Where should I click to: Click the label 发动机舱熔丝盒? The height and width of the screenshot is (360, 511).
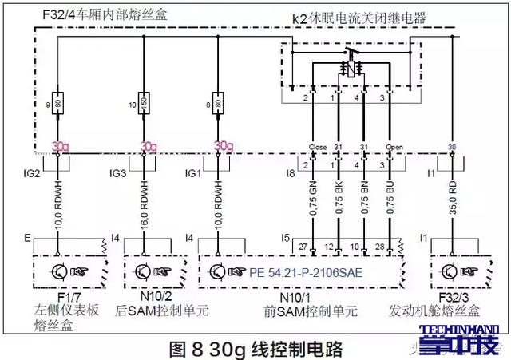pyautogui.click(x=457, y=308)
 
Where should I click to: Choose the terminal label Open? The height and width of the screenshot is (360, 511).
pyautogui.click(x=390, y=148)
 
